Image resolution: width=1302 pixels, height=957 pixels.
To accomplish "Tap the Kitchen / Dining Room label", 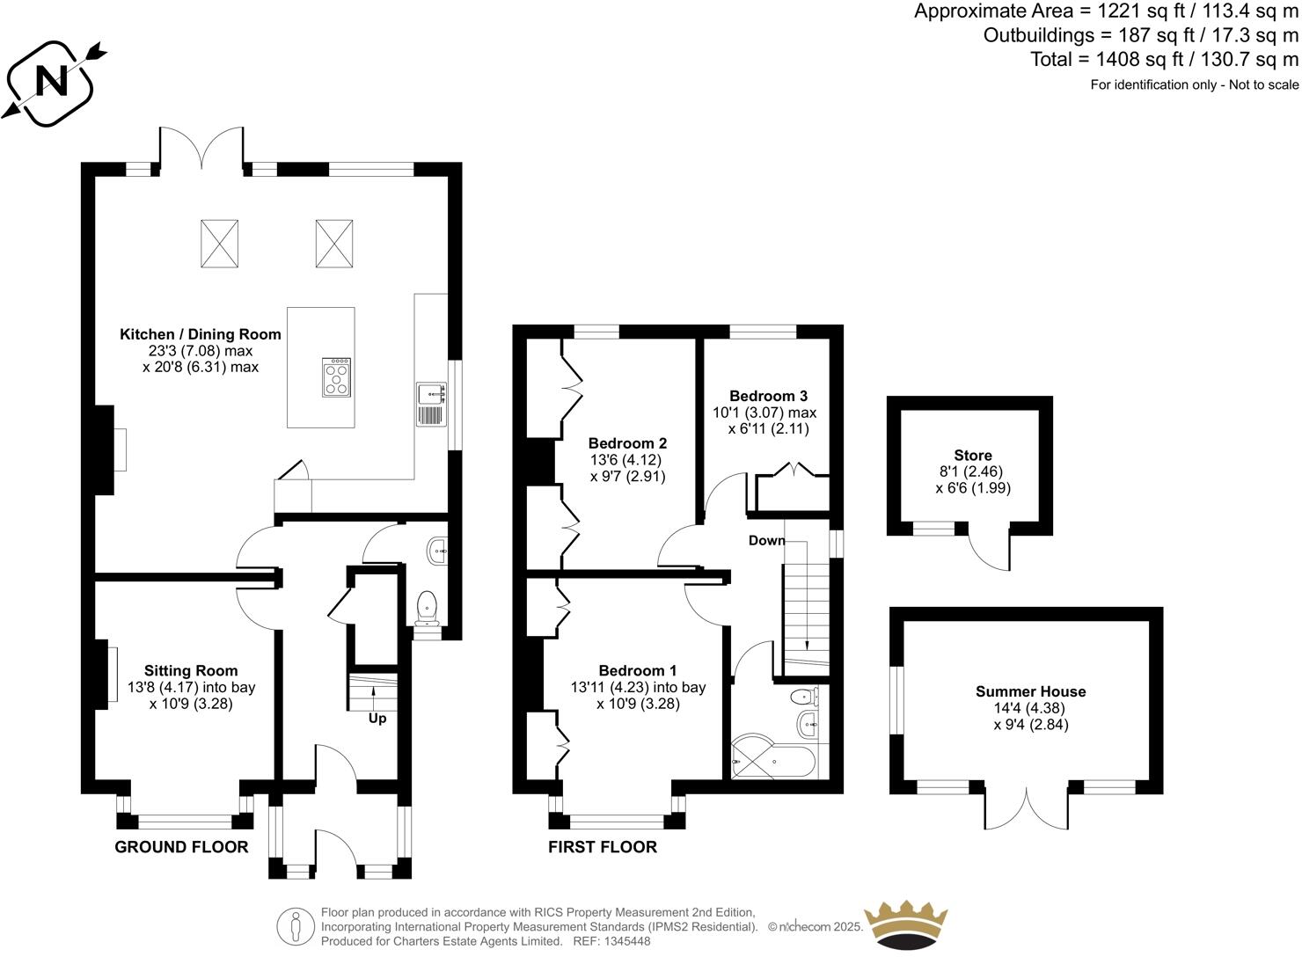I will [201, 334].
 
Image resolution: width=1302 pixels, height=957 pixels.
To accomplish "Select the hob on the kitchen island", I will [337, 377].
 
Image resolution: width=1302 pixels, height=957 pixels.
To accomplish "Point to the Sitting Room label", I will [191, 671].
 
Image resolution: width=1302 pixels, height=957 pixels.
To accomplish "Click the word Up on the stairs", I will [377, 718].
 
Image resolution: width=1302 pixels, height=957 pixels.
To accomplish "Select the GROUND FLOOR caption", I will [181, 847].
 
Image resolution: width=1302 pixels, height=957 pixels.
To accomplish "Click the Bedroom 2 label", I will [627, 443].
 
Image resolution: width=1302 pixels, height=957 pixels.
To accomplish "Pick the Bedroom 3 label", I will [768, 396].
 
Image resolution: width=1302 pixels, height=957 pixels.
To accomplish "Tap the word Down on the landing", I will [766, 540].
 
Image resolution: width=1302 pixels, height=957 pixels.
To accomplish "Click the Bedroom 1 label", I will [638, 670].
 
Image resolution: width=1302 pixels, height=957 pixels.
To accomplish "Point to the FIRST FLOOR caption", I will [602, 847].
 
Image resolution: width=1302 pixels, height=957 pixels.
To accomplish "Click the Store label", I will [972, 456].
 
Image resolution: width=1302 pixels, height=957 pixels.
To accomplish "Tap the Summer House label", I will [1030, 691].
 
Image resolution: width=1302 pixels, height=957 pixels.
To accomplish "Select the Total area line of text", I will [1164, 60].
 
